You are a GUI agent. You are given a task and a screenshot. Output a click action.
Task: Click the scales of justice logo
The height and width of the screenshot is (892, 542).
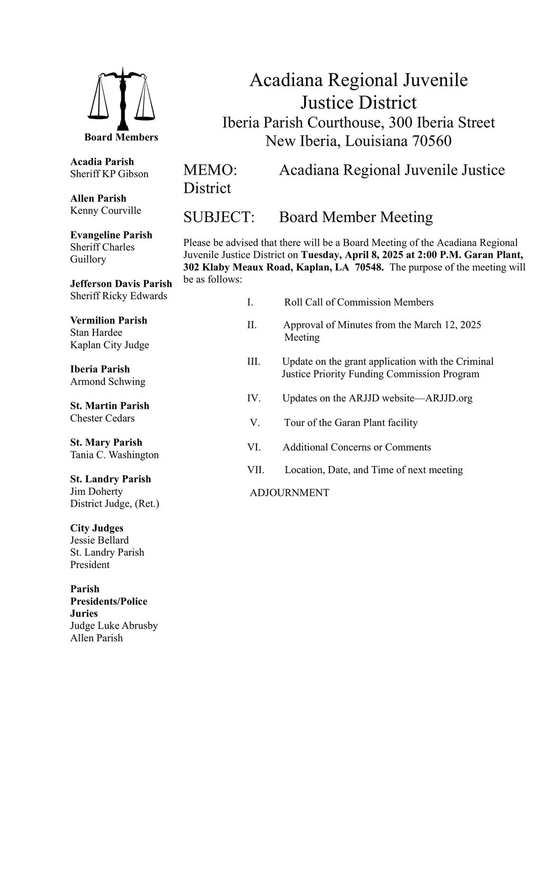tap(122, 99)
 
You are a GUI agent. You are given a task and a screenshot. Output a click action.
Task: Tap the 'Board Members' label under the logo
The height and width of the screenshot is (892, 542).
tap(121, 137)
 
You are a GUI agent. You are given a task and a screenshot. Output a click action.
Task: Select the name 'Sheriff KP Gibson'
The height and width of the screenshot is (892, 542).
tap(109, 174)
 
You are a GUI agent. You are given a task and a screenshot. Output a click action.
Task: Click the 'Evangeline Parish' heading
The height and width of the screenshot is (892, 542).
tap(111, 235)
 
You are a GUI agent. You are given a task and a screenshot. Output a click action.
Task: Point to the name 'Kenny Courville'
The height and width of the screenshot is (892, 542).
tap(105, 210)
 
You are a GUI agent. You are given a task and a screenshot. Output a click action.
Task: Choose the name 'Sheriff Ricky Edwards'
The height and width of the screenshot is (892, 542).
tap(119, 295)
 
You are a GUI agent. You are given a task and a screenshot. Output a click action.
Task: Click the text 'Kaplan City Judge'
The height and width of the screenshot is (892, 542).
tap(110, 345)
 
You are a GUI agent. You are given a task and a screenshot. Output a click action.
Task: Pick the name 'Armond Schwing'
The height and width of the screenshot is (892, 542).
tap(108, 381)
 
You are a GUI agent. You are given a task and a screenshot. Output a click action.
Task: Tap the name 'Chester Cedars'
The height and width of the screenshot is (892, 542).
tap(102, 418)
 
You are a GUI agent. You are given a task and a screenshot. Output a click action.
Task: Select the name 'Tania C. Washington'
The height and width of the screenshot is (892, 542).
tap(114, 455)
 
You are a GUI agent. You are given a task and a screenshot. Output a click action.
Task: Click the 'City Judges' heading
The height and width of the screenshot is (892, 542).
tap(97, 528)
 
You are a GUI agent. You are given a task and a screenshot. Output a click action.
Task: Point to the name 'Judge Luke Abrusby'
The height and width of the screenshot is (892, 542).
tap(114, 625)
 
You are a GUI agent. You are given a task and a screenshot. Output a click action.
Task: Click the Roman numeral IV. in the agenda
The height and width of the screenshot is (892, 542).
tap(254, 398)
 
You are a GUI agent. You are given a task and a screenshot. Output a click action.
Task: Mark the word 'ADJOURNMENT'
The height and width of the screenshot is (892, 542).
tap(289, 493)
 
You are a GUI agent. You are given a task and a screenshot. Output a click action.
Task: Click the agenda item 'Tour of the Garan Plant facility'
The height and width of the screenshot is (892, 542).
tap(351, 422)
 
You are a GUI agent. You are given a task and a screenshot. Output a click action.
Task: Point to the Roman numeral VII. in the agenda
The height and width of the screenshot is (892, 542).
tap(255, 470)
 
